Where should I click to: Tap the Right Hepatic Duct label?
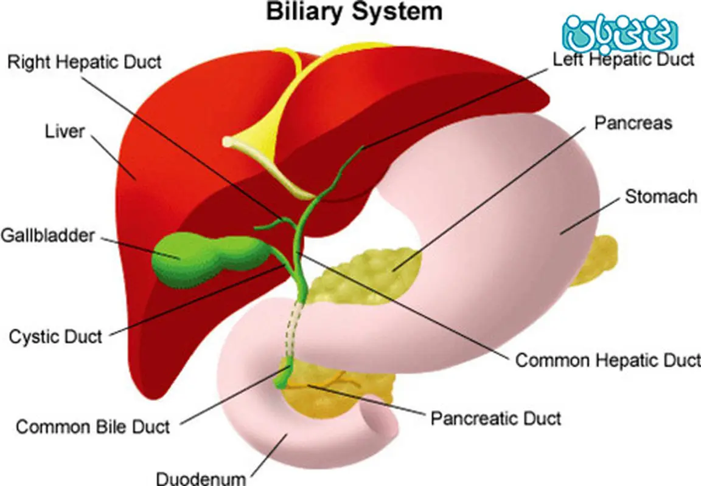pyautogui.click(x=85, y=62)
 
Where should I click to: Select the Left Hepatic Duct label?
pyautogui.click(x=623, y=59)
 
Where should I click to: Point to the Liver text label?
pyautogui.click(x=65, y=131)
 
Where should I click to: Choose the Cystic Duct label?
pyautogui.click(x=56, y=336)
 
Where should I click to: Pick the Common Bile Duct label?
pyautogui.click(x=93, y=426)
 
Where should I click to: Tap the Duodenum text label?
pyautogui.click(x=201, y=477)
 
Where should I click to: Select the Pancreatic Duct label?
pyautogui.click(x=496, y=418)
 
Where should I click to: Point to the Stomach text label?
pyautogui.click(x=661, y=196)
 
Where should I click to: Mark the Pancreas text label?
pyautogui.click(x=633, y=123)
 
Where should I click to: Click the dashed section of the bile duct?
pyautogui.click(x=295, y=331)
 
